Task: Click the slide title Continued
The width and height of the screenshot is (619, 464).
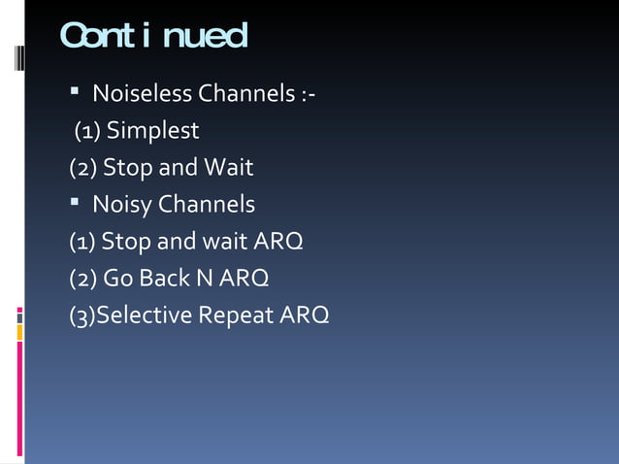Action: [153, 37]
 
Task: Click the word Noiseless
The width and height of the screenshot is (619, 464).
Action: [142, 94]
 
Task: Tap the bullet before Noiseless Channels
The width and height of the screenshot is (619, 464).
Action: [75, 93]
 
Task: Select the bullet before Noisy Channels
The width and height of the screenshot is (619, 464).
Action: [75, 204]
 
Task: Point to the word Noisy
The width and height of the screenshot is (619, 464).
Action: [121, 205]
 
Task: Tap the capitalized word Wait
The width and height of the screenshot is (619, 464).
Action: [228, 168]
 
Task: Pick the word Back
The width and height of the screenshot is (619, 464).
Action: [164, 279]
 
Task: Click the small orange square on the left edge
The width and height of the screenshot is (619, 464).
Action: [19, 331]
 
